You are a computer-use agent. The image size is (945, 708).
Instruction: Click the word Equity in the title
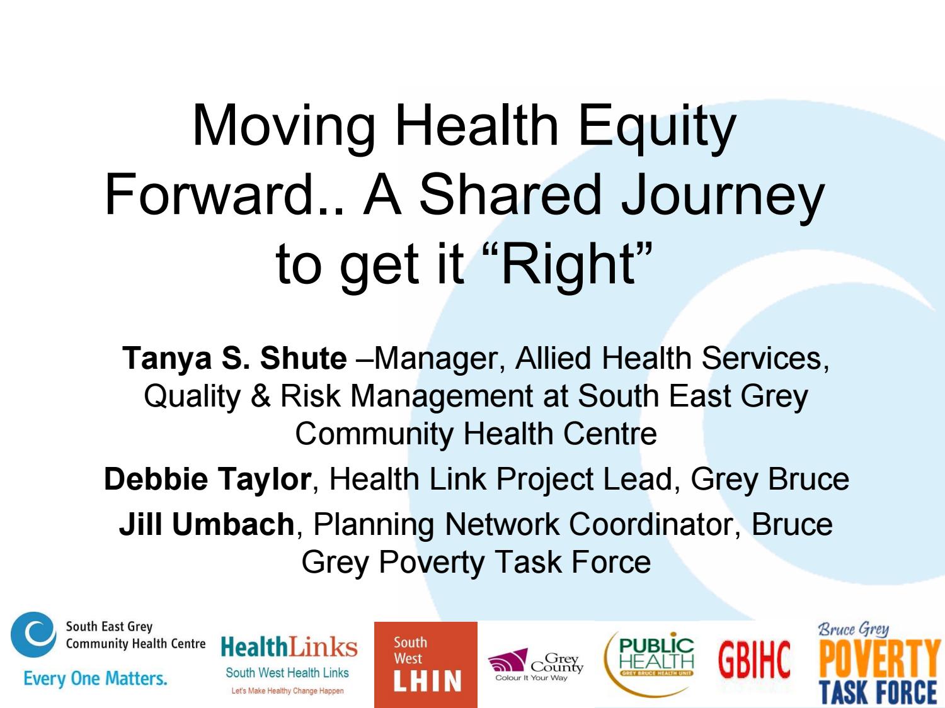pyautogui.click(x=656, y=126)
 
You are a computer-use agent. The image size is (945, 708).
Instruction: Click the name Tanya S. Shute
pyautogui.click(x=234, y=358)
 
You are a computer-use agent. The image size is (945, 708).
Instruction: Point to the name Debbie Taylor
pyautogui.click(x=207, y=479)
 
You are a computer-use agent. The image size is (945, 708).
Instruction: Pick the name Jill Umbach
pyautogui.click(x=207, y=524)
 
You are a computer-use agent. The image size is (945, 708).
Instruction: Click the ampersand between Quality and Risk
pyautogui.click(x=260, y=396)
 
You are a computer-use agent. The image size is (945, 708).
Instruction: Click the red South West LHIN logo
pyautogui.click(x=425, y=665)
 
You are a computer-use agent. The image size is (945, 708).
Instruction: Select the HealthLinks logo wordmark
pyautogui.click(x=289, y=648)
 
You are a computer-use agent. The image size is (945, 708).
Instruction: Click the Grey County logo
pyautogui.click(x=535, y=665)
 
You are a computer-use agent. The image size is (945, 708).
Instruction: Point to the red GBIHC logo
pyautogui.click(x=754, y=661)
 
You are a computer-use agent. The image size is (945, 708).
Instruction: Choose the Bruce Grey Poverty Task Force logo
pyautogui.click(x=878, y=665)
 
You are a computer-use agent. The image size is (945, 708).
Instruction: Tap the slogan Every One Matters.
pyautogui.click(x=95, y=678)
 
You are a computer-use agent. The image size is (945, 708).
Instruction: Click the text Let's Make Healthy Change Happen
pyautogui.click(x=287, y=691)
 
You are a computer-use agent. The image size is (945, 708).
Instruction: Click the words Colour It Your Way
pyautogui.click(x=531, y=678)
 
